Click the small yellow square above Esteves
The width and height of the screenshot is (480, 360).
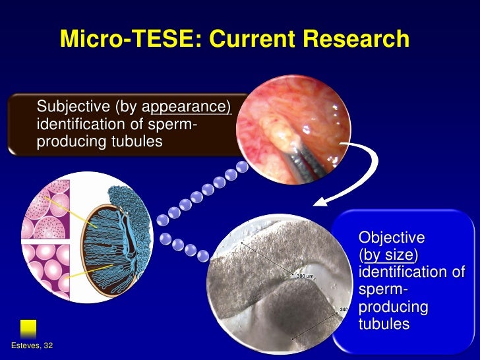(28, 328)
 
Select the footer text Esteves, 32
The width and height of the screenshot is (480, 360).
(32, 347)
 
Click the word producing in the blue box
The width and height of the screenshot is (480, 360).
(392, 307)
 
